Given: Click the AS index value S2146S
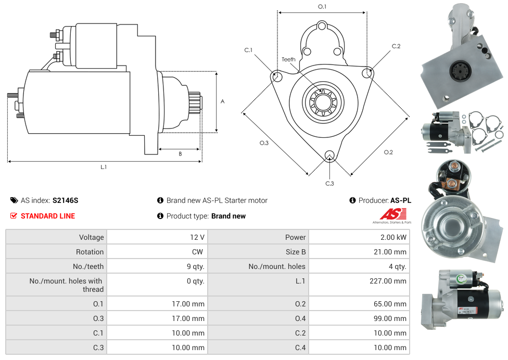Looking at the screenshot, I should [65, 200].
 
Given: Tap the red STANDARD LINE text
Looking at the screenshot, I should [47, 216].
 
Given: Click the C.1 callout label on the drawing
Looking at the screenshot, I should [248, 50].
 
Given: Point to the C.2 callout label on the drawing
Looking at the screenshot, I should [396, 46].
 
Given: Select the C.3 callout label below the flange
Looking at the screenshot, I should [329, 183].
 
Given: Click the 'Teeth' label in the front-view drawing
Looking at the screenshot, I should [288, 59].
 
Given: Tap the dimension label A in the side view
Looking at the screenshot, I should [223, 101].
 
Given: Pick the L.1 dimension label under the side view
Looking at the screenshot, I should [104, 167].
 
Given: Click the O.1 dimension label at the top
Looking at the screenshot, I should [322, 6].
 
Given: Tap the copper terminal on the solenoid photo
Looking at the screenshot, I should [453, 166].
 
